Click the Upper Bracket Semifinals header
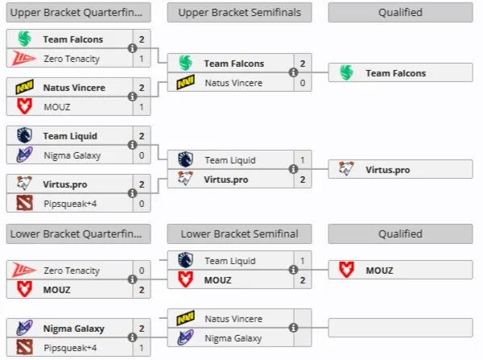(x=239, y=12)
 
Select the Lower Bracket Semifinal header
(x=239, y=234)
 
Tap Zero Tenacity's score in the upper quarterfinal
(x=142, y=59)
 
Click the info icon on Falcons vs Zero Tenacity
(x=132, y=48)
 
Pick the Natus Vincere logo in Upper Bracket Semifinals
(x=185, y=82)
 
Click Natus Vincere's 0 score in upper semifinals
(x=303, y=83)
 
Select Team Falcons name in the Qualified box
(x=395, y=73)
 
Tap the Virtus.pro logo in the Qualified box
(x=346, y=168)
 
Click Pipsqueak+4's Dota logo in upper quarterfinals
(x=24, y=204)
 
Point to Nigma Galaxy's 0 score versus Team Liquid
(x=142, y=155)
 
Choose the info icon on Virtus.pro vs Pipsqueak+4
(x=132, y=193)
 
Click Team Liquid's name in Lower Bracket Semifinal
(x=230, y=261)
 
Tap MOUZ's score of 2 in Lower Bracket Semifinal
(x=303, y=279)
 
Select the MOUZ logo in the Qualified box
(x=346, y=270)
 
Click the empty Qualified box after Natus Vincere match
(x=400, y=328)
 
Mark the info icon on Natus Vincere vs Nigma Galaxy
(x=293, y=328)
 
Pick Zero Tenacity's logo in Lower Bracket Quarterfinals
(x=24, y=270)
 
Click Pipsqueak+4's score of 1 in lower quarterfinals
(x=142, y=348)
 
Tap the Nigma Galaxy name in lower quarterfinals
(x=73, y=329)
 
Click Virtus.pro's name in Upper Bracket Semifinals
(x=225, y=180)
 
